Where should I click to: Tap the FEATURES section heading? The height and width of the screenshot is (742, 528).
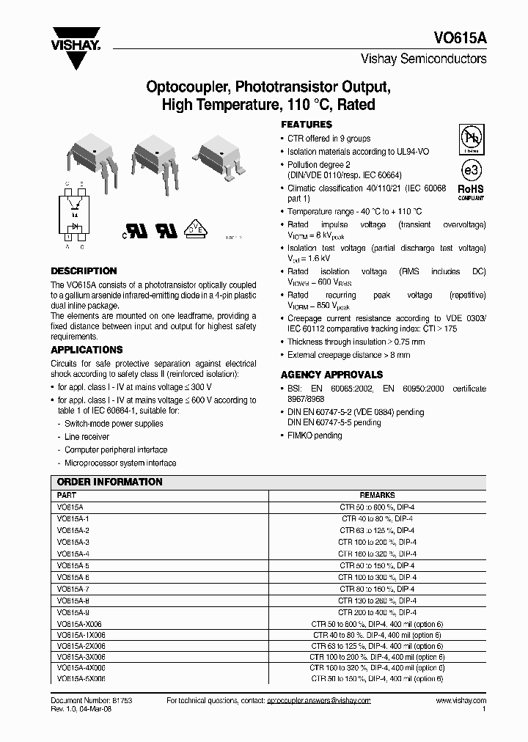pyautogui.click(x=306, y=125)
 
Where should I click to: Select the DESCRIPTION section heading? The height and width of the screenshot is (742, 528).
pyautogui.click(x=84, y=271)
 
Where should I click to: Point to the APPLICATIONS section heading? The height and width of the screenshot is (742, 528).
pyautogui.click(x=87, y=350)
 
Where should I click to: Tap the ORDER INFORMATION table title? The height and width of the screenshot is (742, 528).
pyautogui.click(x=109, y=482)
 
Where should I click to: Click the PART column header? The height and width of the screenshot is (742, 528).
pyautogui.click(x=65, y=495)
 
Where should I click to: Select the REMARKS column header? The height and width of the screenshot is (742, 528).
pyautogui.click(x=378, y=495)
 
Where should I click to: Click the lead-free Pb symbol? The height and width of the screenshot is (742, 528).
pyautogui.click(x=470, y=139)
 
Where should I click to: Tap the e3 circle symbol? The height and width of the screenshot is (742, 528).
pyautogui.click(x=471, y=169)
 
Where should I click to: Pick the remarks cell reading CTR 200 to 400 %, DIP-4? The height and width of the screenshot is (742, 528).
pyautogui.click(x=377, y=611)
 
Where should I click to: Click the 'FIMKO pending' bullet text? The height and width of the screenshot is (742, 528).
pyautogui.click(x=314, y=436)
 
